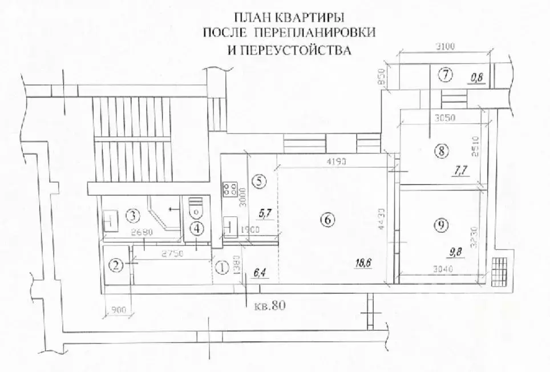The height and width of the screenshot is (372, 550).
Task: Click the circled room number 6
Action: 326,219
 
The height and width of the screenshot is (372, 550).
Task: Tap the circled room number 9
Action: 439,225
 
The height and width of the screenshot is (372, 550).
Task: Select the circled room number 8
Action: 441,151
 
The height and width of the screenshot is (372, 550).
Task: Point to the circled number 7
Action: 445,74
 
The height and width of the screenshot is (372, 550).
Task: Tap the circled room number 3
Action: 132,216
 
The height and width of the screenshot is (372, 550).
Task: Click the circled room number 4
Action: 196,229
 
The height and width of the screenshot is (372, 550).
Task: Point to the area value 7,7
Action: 459,169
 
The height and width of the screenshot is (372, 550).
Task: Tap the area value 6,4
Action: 260,272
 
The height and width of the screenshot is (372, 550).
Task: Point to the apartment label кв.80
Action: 269,305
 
